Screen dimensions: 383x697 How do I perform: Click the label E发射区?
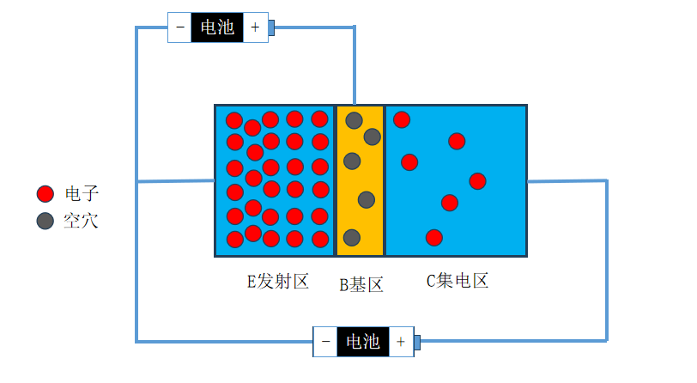tap(277, 281)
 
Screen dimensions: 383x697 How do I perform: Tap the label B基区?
tap(361, 285)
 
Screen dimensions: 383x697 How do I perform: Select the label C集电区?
tap(458, 281)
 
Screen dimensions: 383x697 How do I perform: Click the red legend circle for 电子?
tap(45, 194)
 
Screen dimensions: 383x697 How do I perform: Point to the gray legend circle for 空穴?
tap(45, 221)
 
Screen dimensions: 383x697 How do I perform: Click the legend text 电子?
tap(81, 194)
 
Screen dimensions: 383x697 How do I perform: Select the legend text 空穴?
tap(81, 221)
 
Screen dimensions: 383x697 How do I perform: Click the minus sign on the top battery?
tap(180, 27)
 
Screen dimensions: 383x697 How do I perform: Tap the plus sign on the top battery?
tap(254, 27)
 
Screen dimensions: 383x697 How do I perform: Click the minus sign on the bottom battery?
tap(325, 342)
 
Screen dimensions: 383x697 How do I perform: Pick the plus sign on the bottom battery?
tap(400, 342)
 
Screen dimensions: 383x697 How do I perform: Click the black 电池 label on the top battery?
tap(216, 27)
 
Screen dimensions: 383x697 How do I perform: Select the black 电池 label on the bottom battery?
tap(362, 342)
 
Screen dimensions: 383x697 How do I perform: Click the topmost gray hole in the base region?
tap(354, 120)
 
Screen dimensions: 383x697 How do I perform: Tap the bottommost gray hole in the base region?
tap(352, 237)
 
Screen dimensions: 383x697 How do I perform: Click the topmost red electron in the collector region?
tap(402, 119)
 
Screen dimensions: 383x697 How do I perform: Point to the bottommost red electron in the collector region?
tap(434, 237)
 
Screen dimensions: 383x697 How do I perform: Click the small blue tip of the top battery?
tap(271, 27)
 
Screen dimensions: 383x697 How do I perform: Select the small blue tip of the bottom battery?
tap(417, 343)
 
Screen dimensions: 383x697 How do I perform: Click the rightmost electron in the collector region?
tap(477, 181)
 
